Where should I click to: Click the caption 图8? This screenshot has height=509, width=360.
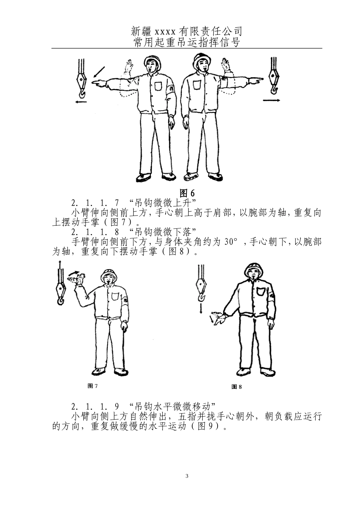pyautogui.click(x=236, y=386)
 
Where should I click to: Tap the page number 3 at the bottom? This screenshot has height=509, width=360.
pyautogui.click(x=187, y=476)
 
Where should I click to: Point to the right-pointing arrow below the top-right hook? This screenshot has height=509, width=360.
pyautogui.click(x=271, y=100)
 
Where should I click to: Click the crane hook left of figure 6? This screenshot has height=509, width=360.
pyautogui.click(x=81, y=81)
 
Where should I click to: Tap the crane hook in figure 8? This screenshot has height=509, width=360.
pyautogui.click(x=201, y=289)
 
